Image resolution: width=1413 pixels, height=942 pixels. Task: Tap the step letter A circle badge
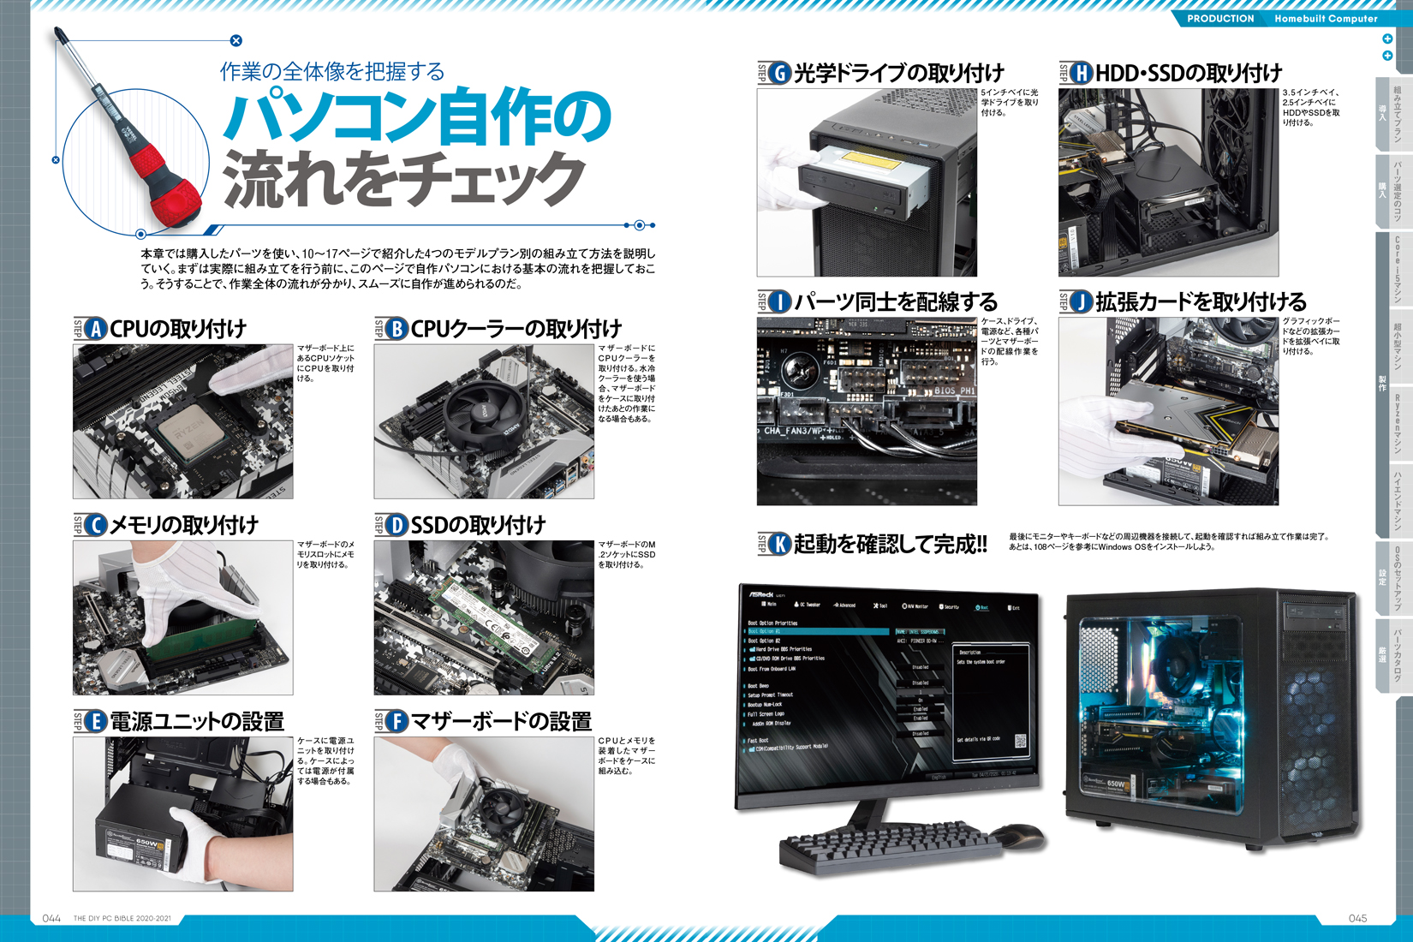[95, 329]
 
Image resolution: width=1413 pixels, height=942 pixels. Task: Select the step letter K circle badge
[778, 544]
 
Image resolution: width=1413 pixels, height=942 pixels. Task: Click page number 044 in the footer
[51, 918]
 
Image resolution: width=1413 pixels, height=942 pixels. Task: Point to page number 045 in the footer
[1357, 918]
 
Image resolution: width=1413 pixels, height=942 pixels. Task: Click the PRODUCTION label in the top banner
[1220, 19]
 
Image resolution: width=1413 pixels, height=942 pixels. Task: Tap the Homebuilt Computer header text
[1326, 19]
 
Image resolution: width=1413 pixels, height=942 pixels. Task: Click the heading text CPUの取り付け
[178, 329]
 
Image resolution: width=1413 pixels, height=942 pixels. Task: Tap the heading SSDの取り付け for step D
[478, 525]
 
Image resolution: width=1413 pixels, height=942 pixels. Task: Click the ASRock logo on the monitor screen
[761, 593]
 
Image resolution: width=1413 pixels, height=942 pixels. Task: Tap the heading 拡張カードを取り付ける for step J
[1201, 301]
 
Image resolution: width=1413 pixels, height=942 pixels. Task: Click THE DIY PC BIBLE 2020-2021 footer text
[122, 919]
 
